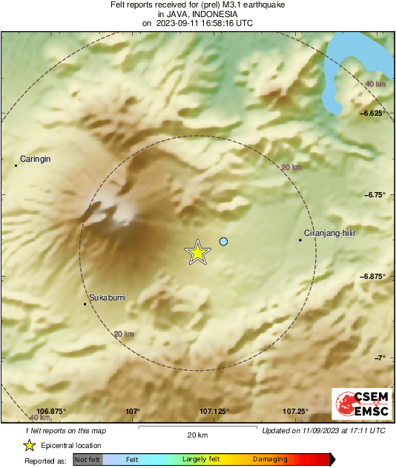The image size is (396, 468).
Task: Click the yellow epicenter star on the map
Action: [x=197, y=253]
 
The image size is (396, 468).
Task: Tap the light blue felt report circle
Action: [x=223, y=241]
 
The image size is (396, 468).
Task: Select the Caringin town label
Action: [x=37, y=159]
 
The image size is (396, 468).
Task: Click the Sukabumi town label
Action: [x=107, y=297]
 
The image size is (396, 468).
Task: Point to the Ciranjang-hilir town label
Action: [x=331, y=234]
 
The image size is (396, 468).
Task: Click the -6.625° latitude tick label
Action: [x=373, y=113]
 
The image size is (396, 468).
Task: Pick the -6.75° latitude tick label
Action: [x=375, y=195]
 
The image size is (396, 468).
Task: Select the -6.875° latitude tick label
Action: [x=373, y=277]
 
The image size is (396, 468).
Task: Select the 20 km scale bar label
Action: [x=197, y=434]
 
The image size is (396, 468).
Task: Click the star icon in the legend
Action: [x=29, y=445]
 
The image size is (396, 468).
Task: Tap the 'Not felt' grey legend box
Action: [x=88, y=460]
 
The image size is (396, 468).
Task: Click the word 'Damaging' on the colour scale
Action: [x=269, y=460]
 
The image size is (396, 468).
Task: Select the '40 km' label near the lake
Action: [x=375, y=85]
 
